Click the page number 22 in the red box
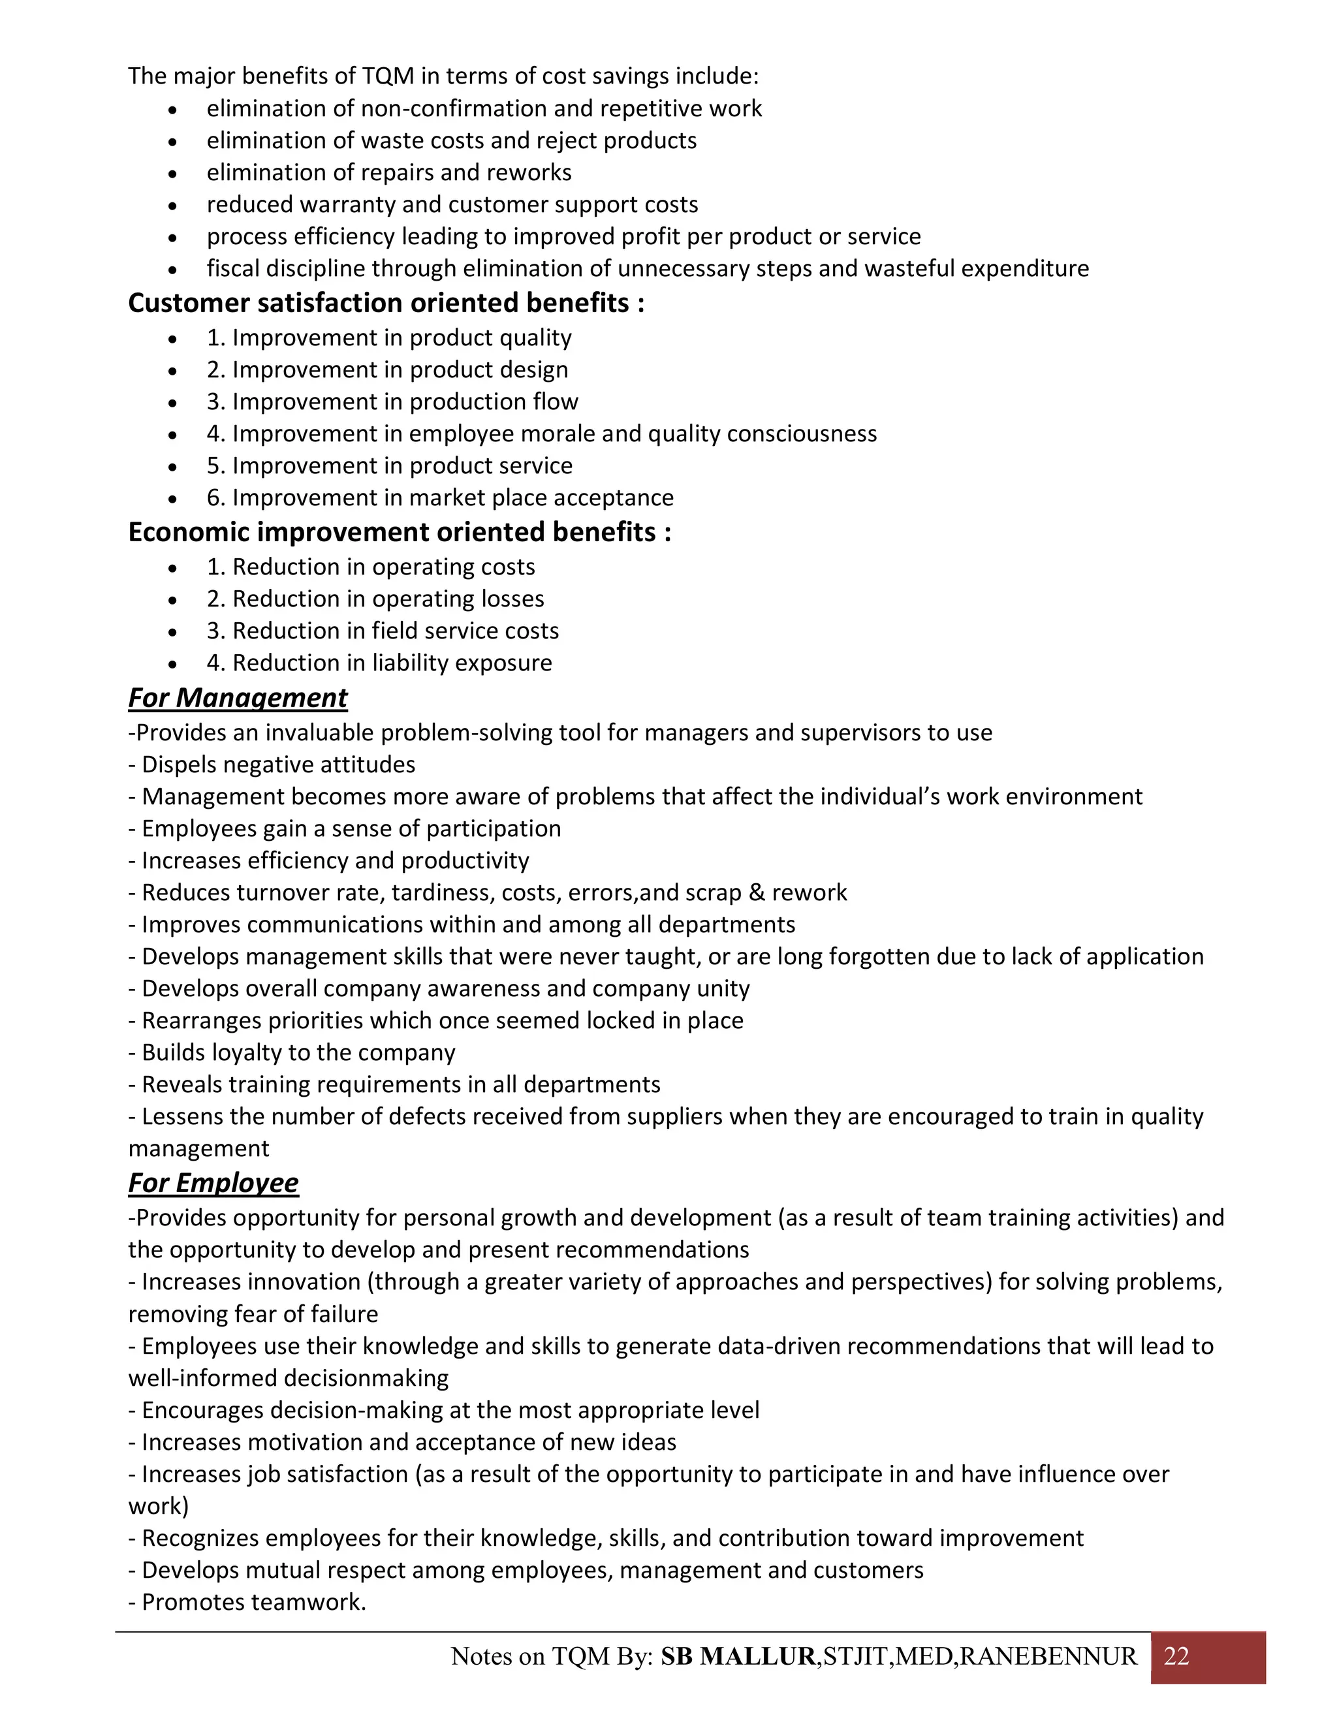pyautogui.click(x=1176, y=1656)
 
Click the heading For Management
pyautogui.click(x=238, y=698)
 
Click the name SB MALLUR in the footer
pyautogui.click(x=738, y=1656)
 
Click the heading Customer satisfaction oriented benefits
pyautogui.click(x=386, y=304)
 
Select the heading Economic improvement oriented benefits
pyautogui.click(x=399, y=532)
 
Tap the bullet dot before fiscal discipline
pyautogui.click(x=172, y=270)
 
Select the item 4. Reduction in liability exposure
pyautogui.click(x=379, y=663)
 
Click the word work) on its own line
pyautogui.click(x=159, y=1507)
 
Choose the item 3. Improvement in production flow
pyautogui.click(x=392, y=401)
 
